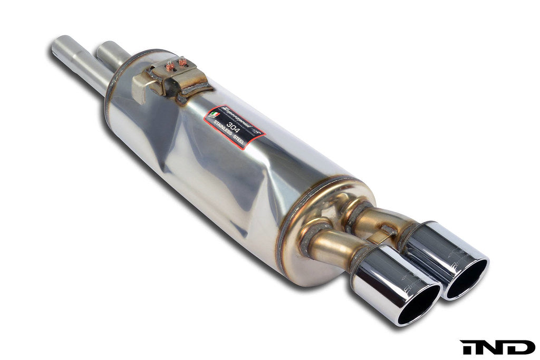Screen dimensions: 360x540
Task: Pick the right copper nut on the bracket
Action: [183, 62]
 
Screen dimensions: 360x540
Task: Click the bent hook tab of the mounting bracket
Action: [141, 87]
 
